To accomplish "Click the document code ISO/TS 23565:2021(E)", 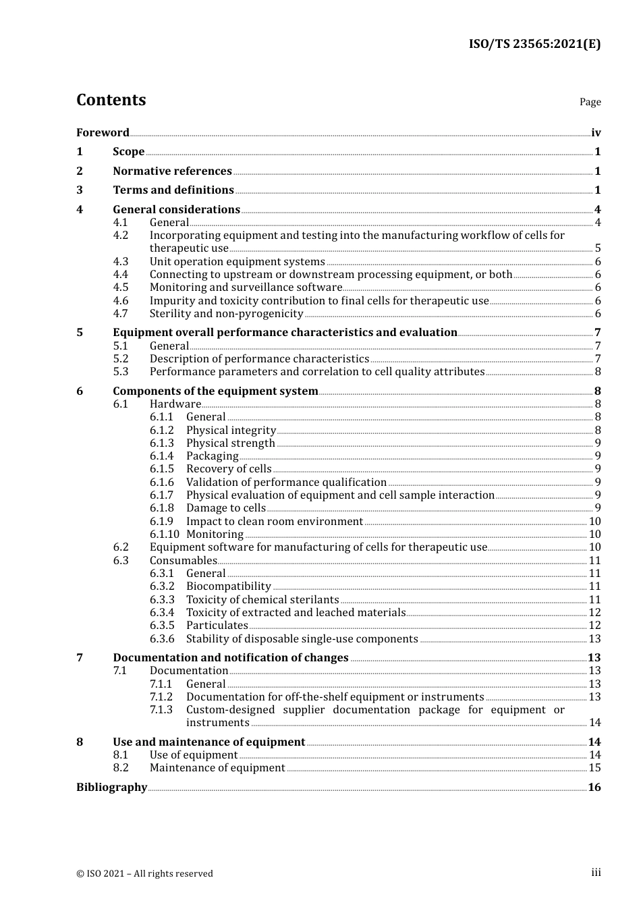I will (x=534, y=45).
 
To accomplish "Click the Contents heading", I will (x=111, y=100).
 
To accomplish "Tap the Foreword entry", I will (x=103, y=132).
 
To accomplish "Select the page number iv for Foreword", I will (x=596, y=132).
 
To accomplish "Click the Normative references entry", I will (x=172, y=171).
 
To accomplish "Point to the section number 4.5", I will (x=120, y=287).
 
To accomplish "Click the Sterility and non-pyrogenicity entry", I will (x=226, y=314).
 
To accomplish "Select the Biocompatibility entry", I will (x=228, y=586).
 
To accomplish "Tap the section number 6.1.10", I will (x=165, y=534).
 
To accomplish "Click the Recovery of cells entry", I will (x=229, y=469).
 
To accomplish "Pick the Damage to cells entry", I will (x=225, y=508).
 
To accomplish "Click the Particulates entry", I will (x=217, y=626).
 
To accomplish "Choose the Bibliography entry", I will (x=111, y=788).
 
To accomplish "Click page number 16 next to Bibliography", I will (x=594, y=788).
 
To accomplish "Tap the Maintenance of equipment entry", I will (x=217, y=768).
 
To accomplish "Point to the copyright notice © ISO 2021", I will (x=144, y=873).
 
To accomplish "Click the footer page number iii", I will (x=596, y=873).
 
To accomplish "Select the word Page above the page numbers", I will (x=590, y=102).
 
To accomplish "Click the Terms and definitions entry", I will (x=173, y=190).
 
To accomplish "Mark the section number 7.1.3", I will (x=161, y=710).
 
